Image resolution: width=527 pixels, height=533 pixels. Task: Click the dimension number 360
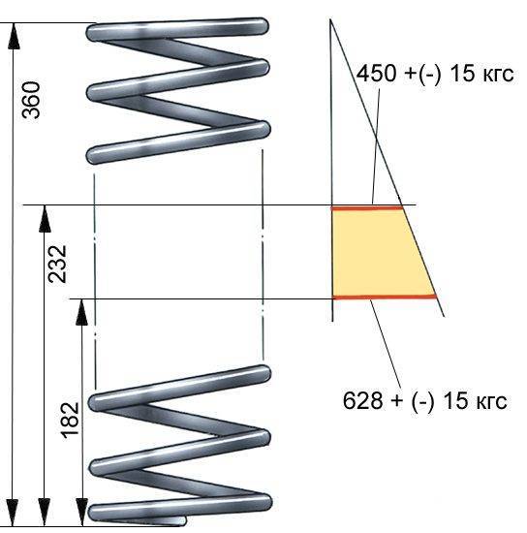[31, 100]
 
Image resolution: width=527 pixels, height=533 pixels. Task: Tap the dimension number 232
[57, 264]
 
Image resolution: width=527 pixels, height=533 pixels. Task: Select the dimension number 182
[70, 421]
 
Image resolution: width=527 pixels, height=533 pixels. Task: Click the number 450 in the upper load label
[377, 73]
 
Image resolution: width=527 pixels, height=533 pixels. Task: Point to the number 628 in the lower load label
[362, 400]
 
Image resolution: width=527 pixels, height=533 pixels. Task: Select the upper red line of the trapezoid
[367, 208]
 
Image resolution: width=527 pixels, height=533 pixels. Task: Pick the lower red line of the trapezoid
[385, 298]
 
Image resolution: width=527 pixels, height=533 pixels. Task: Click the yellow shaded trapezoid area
[377, 253]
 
